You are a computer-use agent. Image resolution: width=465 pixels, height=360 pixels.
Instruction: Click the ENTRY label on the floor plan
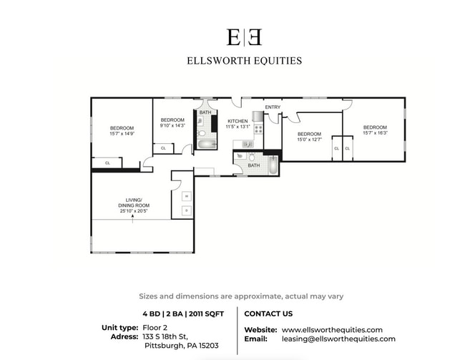pos(273,107)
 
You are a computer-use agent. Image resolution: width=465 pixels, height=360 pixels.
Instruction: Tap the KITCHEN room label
pos(238,121)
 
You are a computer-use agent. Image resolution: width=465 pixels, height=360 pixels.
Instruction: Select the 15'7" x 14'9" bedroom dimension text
pos(122,134)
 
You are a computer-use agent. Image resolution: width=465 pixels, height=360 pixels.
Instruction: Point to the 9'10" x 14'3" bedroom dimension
pos(172,125)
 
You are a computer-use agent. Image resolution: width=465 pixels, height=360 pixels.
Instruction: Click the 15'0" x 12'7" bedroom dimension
pos(309,140)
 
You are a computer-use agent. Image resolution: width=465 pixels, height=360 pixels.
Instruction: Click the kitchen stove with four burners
pos(258,129)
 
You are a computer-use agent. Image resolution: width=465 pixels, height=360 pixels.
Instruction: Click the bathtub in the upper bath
pos(207,145)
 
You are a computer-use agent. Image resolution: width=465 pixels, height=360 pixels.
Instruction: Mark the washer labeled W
pos(186,196)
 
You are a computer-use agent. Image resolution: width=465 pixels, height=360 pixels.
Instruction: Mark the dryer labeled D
pos(186,210)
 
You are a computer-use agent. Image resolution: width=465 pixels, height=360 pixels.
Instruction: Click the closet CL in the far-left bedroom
pos(107,162)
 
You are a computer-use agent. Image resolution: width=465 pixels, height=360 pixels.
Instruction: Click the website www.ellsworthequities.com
pos(332,329)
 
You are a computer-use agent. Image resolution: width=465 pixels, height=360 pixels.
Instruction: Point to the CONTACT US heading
pos(268,313)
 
